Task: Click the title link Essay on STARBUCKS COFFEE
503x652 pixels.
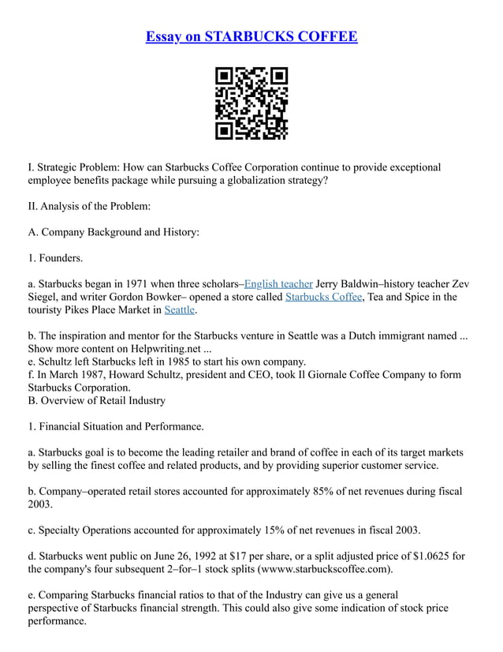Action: [x=251, y=36]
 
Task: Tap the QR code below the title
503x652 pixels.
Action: [x=251, y=103]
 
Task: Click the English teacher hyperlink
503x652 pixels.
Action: [x=278, y=283]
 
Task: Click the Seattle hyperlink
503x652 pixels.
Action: [x=179, y=310]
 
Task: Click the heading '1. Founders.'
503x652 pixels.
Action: [x=55, y=257]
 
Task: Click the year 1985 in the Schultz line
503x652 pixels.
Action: [x=153, y=362]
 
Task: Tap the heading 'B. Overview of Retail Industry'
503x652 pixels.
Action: [x=96, y=400]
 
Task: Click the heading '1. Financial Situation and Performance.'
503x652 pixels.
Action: [x=116, y=426]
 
